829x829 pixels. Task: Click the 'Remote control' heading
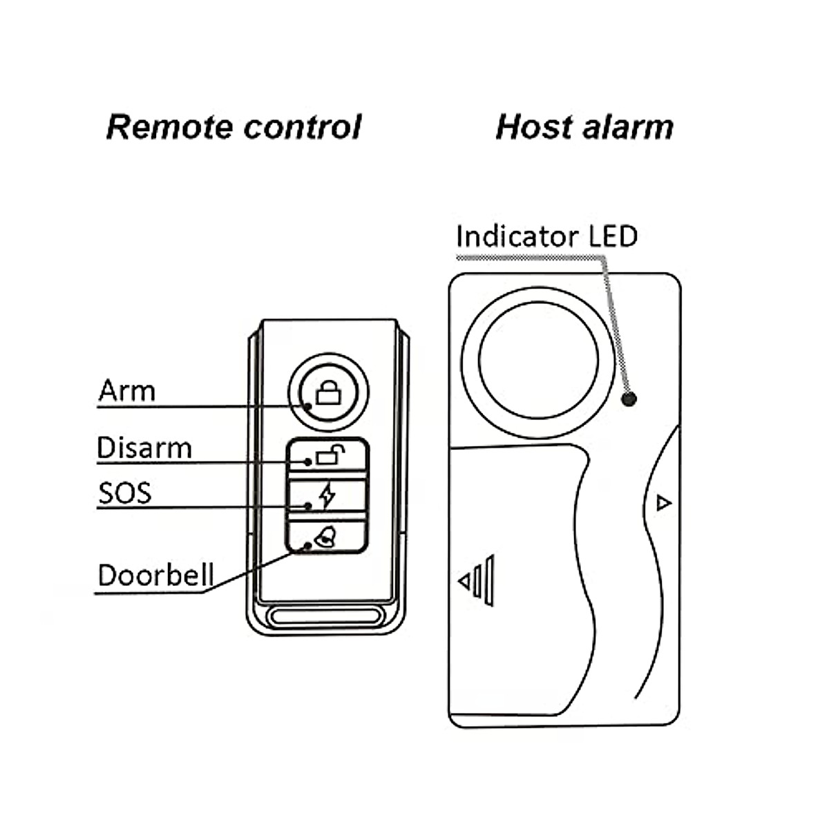[234, 127]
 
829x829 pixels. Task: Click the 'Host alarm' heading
[584, 127]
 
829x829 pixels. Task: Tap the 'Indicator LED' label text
[546, 236]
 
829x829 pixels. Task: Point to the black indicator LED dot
[629, 399]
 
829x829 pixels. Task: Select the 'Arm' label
[126, 390]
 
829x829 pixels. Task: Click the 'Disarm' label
[144, 448]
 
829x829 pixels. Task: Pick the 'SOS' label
[124, 493]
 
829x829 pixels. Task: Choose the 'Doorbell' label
[155, 575]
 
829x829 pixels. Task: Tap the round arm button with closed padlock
[328, 392]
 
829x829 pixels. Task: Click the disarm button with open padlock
[328, 456]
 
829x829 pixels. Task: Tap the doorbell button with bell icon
[328, 537]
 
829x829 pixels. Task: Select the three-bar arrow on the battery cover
[477, 580]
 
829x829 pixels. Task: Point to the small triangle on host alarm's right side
[663, 502]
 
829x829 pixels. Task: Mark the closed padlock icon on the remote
[328, 394]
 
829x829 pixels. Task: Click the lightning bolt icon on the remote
[327, 495]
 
